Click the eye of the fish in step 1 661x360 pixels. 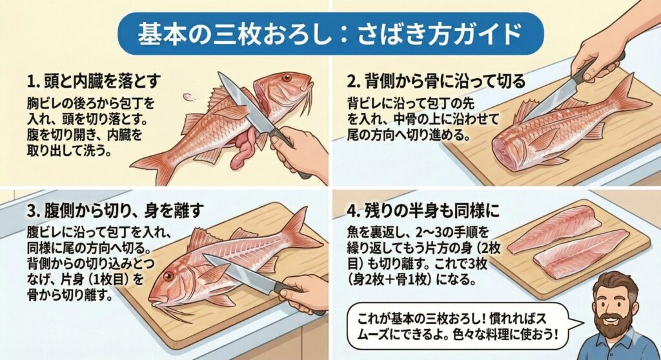pos(286,78)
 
